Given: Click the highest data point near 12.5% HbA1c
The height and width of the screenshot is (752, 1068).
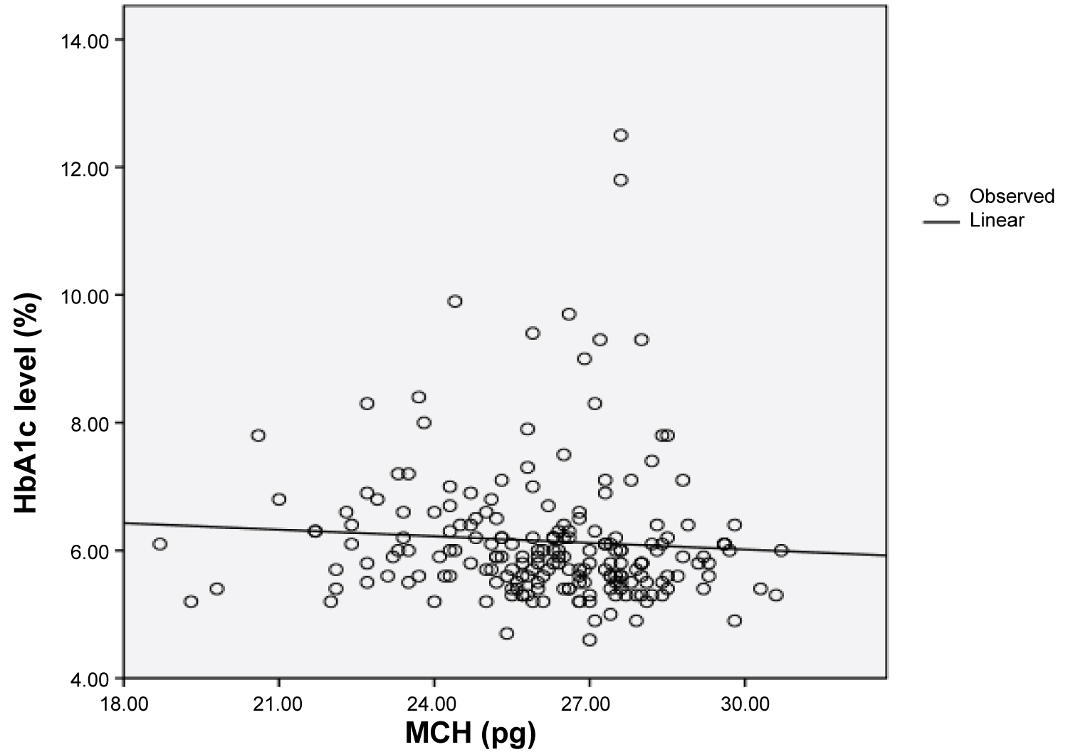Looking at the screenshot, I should (x=621, y=135).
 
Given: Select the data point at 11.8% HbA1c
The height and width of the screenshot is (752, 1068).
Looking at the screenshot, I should (x=621, y=180).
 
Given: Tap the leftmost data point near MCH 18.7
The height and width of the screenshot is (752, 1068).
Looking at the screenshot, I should (x=159, y=544).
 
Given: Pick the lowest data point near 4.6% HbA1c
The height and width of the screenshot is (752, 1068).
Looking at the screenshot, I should (x=590, y=640).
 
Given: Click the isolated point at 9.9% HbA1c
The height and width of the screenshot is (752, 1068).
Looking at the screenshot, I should (x=455, y=301).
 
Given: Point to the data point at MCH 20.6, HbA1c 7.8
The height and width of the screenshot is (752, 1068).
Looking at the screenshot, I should (x=258, y=435).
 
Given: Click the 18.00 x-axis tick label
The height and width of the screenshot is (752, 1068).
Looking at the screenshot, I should (x=123, y=704).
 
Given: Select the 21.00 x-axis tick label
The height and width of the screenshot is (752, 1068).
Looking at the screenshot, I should (x=278, y=704).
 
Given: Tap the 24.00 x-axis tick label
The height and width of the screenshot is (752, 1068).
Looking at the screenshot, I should (x=434, y=704).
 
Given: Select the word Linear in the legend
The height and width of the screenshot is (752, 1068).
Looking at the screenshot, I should (x=997, y=221).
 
